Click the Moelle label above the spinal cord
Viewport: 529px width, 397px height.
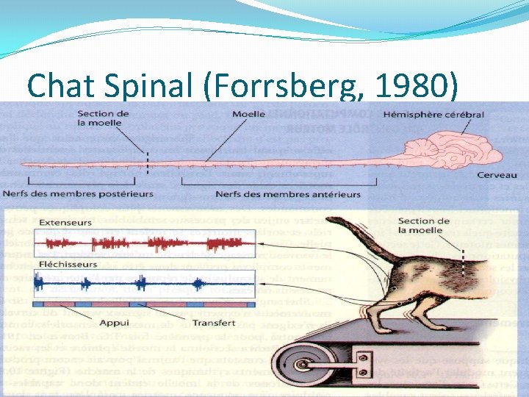249,115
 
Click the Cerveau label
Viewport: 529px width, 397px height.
497,175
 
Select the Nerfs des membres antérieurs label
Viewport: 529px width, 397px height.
288,194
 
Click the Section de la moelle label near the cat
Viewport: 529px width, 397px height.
424,225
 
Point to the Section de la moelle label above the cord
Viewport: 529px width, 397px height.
104,118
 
